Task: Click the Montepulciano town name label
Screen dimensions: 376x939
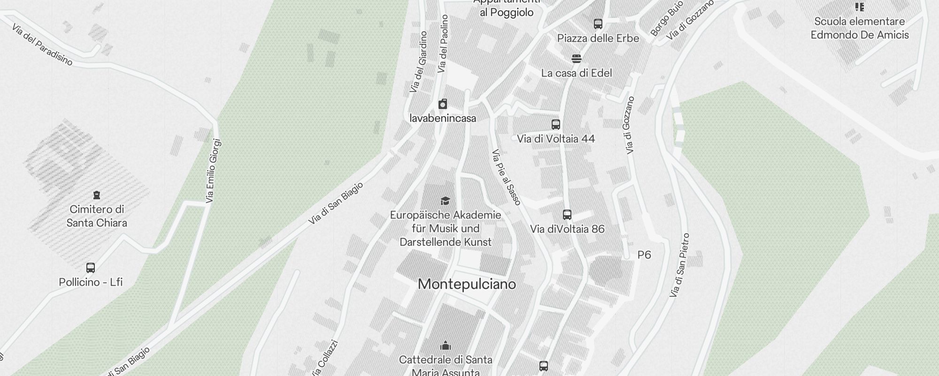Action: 467,284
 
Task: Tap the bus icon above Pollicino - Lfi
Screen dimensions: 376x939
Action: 91,268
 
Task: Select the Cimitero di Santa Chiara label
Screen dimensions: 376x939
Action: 97,216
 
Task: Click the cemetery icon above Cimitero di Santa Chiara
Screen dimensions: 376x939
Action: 97,195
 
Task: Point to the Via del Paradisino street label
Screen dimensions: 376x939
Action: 42,45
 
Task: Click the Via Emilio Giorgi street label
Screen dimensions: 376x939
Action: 213,171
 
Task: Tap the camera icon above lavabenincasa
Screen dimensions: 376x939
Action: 443,104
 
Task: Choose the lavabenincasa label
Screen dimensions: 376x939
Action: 443,118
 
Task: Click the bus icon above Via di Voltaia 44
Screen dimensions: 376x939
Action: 556,125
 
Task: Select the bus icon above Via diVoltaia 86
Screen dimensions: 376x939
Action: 567,215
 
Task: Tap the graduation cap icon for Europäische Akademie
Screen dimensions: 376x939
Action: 445,201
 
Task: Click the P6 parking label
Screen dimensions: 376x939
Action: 644,255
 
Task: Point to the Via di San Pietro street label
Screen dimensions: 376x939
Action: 680,266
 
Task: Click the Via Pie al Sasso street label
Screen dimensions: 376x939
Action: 507,177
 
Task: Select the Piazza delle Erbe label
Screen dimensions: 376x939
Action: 598,39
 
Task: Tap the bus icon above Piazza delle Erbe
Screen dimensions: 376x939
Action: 598,24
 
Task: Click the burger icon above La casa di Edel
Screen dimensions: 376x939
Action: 577,59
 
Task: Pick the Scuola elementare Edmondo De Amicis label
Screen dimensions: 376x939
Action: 860,28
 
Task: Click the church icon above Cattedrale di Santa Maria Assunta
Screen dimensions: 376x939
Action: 446,346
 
